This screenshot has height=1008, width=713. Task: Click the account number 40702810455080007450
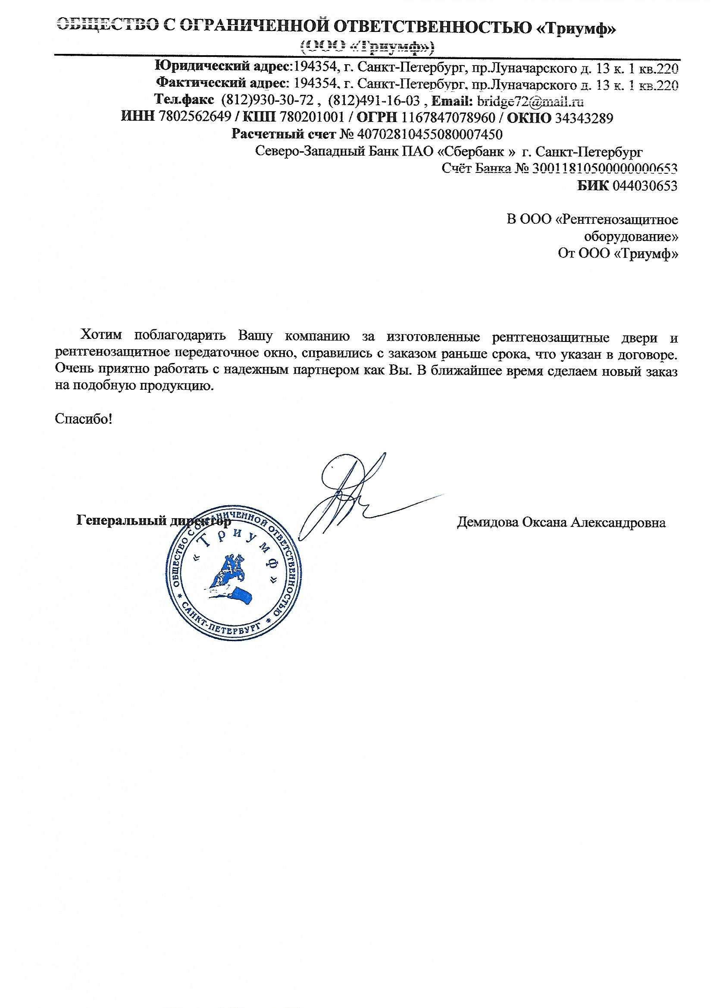430,134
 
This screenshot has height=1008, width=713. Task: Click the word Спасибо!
84,419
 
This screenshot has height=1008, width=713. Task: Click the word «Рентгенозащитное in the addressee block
616,219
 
